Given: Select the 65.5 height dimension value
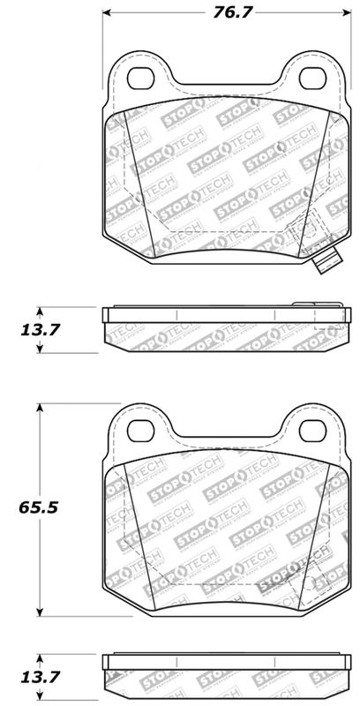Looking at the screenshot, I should [41, 509].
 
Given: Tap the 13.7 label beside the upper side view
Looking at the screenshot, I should [41, 330].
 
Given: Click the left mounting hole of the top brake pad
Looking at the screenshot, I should [141, 76].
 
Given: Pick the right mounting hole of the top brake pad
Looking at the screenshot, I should [311, 76].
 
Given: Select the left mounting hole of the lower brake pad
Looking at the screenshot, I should [141, 430].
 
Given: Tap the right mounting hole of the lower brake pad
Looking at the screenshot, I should [311, 430].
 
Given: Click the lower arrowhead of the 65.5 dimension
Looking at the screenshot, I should [40, 613].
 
